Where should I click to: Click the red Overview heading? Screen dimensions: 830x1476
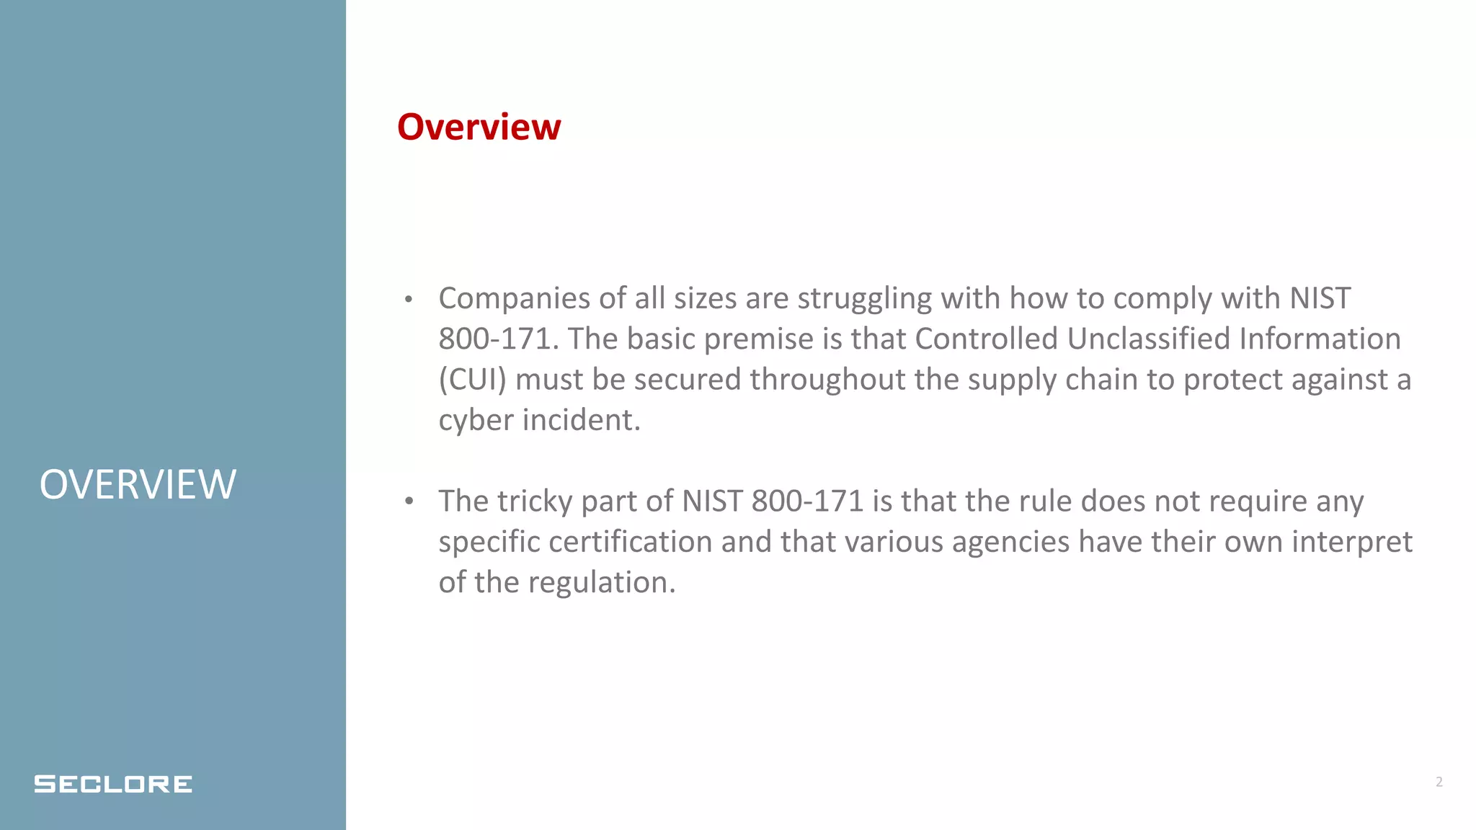pos(479,128)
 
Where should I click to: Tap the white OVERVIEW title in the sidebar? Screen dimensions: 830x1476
pos(138,484)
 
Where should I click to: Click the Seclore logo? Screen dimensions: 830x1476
pos(113,784)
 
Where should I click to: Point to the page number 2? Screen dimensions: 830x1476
pos(1439,782)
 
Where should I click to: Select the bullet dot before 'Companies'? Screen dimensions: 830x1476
pos(409,300)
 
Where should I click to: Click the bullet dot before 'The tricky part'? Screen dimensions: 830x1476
pos(409,501)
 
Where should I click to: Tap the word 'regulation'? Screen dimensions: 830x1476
pos(602,583)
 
